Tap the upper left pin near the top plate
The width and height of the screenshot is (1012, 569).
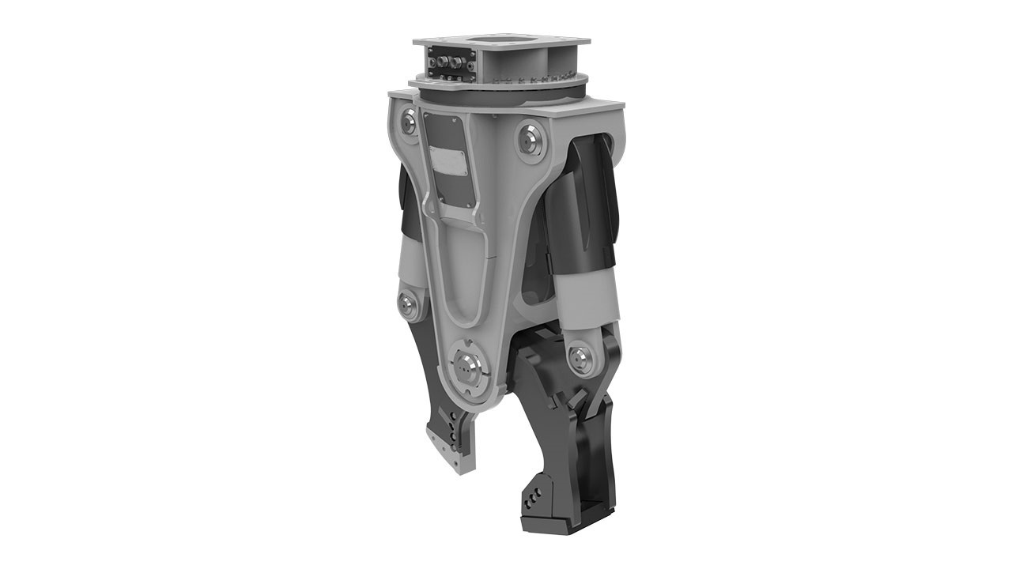point(408,120)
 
